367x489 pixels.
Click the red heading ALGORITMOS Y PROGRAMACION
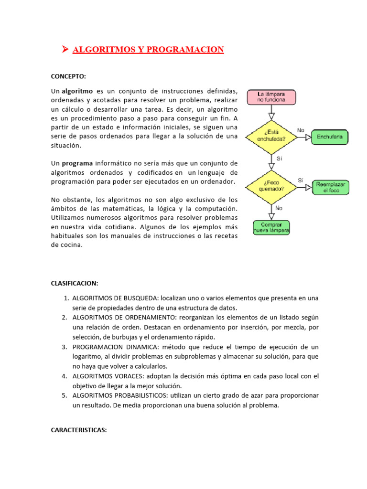148,50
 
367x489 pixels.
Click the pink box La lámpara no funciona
271,97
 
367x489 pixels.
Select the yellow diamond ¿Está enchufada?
271,136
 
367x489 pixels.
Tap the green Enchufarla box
330,138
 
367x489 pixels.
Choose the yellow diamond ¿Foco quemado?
271,186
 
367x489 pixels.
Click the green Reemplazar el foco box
330,187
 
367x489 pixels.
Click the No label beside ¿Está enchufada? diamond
301,130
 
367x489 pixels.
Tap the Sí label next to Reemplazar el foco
301,180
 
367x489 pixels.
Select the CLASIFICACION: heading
74,283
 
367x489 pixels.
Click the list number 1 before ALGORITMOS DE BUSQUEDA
66,298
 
